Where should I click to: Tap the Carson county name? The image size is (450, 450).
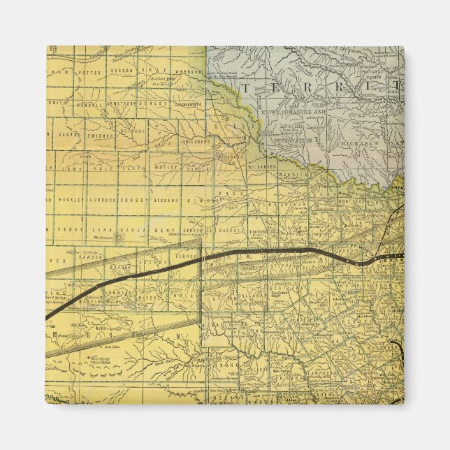120,71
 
